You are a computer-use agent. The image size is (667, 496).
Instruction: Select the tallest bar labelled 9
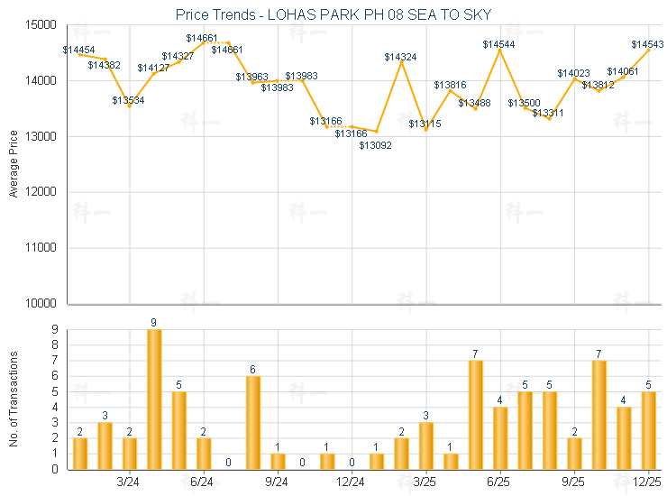[154, 399]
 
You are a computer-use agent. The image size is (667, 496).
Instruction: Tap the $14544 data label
[498, 44]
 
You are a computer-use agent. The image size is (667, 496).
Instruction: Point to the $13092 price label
[376, 145]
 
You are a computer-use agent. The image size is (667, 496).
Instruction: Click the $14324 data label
[400, 57]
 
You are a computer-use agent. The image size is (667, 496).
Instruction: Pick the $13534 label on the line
[129, 100]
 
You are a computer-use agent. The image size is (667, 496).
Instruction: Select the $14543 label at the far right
[647, 44]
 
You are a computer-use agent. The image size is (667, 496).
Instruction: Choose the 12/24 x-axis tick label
[351, 482]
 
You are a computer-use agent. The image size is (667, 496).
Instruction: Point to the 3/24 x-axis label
[129, 482]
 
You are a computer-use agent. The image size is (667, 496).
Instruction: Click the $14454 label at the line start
[79, 50]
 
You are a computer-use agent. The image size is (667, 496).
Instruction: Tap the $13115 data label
[425, 124]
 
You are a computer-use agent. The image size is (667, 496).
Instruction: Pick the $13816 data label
[450, 85]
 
